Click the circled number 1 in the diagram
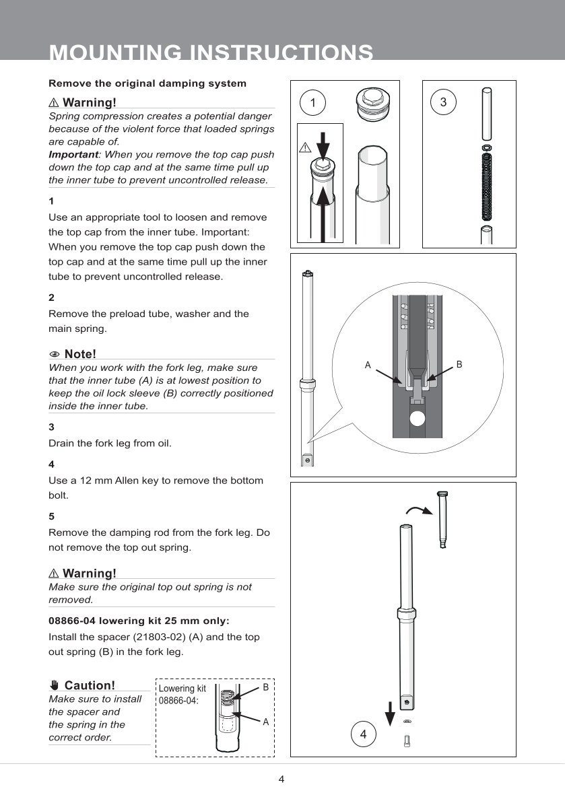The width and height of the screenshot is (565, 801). pos(312,102)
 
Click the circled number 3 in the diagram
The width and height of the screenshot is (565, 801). pos(443,102)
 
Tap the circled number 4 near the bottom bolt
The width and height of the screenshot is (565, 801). pos(363,734)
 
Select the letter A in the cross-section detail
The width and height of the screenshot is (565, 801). pos(367,365)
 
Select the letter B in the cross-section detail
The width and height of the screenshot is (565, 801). pos(459,364)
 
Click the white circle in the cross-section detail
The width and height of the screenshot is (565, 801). pos(418,419)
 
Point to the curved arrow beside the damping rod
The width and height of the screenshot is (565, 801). pos(419,510)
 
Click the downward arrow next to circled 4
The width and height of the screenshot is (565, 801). pos(390,713)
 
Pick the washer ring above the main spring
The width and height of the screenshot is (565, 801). pos(487,147)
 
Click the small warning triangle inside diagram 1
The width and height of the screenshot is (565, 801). pos(304,148)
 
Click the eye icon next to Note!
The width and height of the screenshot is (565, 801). pos(54,355)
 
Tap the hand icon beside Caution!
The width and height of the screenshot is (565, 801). pos(55,685)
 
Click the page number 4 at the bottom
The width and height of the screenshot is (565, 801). pos(281,779)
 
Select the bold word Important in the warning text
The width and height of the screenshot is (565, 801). pos(73,154)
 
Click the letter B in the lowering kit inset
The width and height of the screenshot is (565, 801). pos(265,688)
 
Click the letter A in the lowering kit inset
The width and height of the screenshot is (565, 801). pos(265,722)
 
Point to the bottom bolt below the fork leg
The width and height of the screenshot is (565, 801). pos(407,740)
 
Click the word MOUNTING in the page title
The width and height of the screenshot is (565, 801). pos(115,53)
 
